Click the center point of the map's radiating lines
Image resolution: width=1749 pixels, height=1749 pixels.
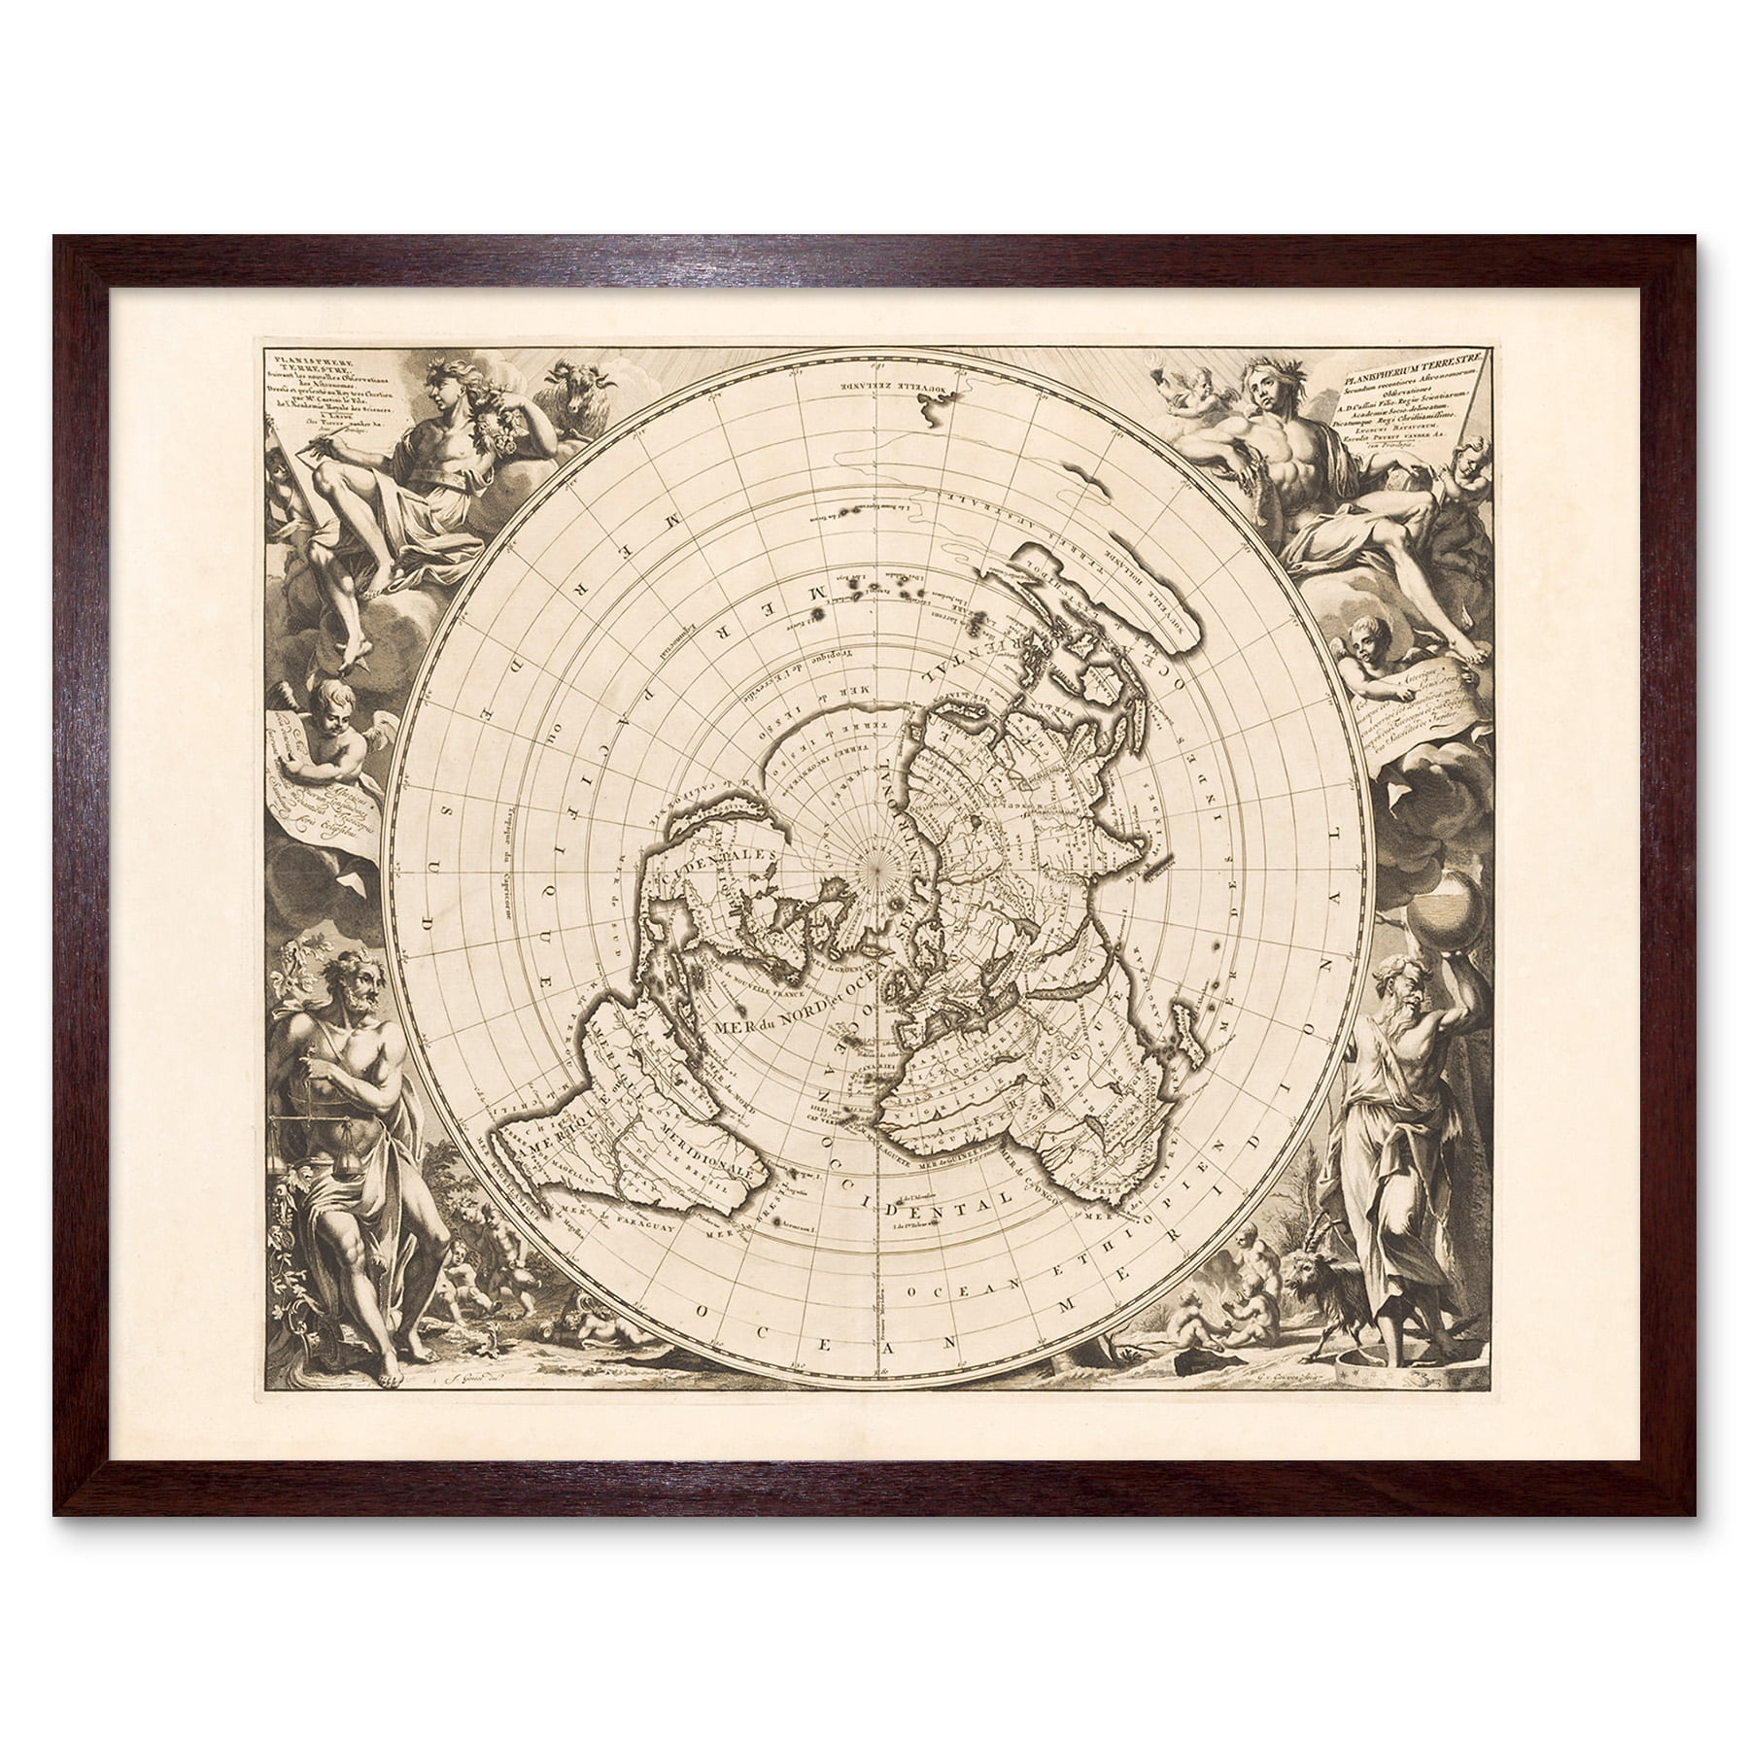(x=875, y=860)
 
